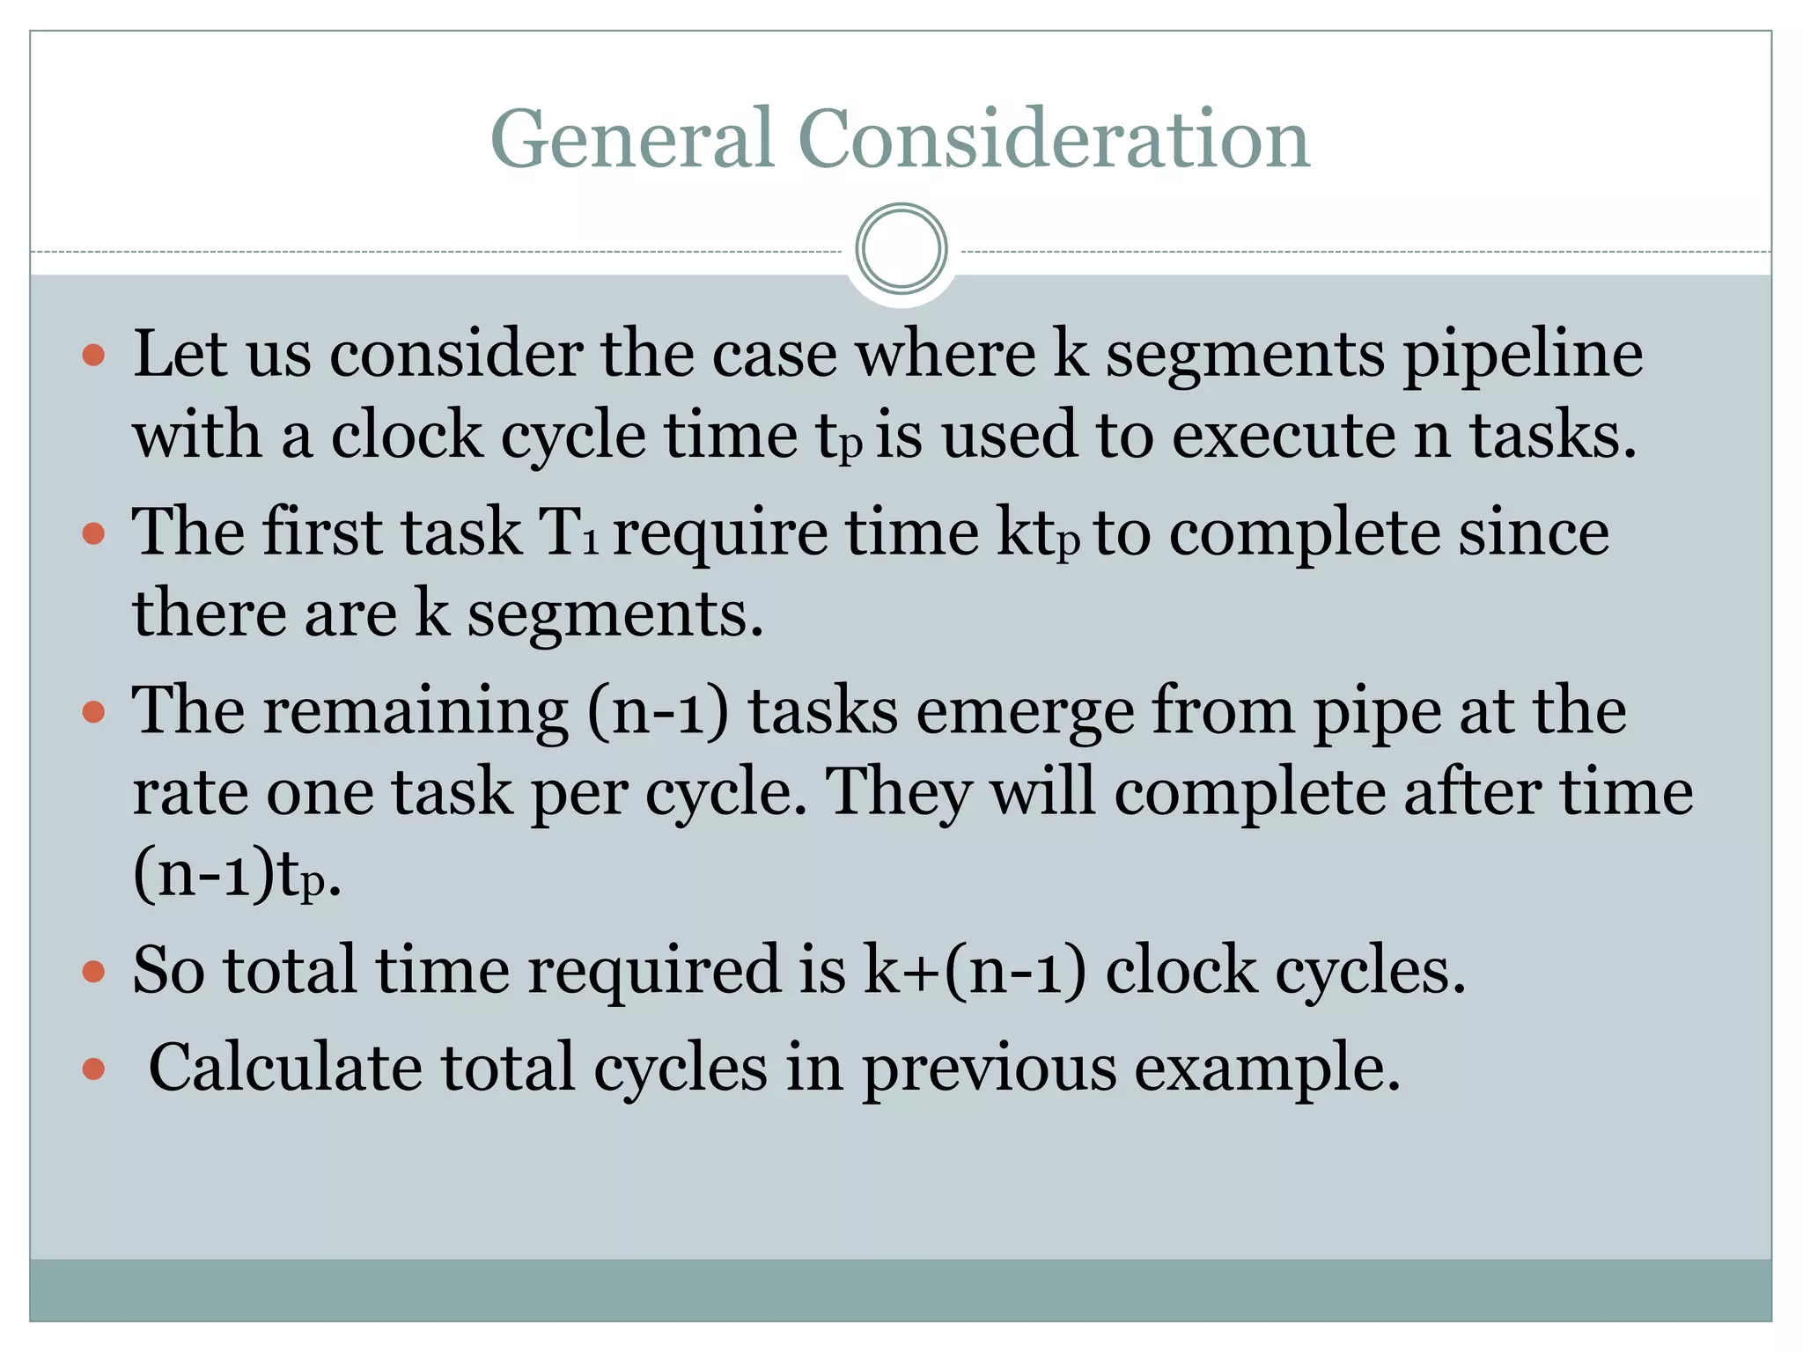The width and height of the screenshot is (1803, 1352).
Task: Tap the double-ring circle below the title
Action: (x=901, y=249)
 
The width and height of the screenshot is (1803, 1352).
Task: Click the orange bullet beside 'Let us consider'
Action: (x=93, y=356)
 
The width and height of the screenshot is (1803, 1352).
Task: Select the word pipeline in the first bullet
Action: (x=1522, y=356)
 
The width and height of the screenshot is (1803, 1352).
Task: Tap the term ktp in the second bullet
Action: (x=1037, y=534)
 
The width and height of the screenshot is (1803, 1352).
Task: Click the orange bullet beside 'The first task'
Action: (x=93, y=534)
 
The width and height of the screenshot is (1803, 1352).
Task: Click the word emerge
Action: (x=1025, y=712)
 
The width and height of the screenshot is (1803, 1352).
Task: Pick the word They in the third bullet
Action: (x=900, y=793)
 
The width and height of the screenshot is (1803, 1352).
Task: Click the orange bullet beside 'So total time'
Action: (x=93, y=972)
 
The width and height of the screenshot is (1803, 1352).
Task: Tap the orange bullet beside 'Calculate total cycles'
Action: (x=93, y=1069)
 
